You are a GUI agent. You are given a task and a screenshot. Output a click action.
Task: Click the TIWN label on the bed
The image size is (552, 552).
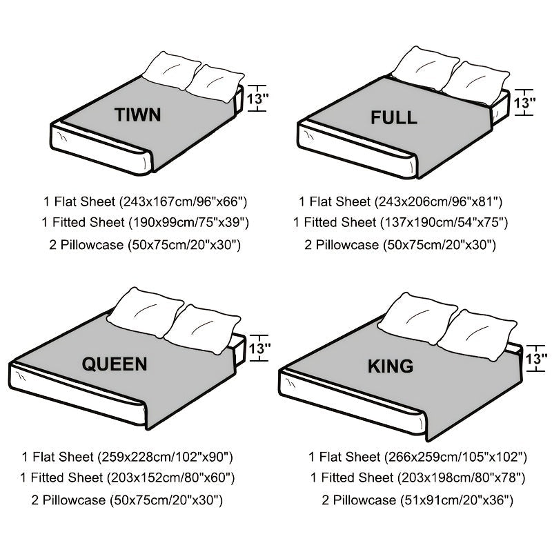coord(139,114)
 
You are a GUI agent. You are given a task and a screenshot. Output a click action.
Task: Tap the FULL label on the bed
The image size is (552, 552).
coord(393,117)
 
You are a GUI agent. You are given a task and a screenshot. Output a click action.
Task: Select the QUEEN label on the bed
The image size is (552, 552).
coord(115,364)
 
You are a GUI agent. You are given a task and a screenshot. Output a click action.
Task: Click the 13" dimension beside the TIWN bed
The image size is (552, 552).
coord(257,98)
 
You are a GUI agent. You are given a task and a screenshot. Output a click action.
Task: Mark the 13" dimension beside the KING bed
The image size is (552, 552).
coord(536,359)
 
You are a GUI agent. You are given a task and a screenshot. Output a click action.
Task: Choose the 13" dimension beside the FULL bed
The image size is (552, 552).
coord(525,105)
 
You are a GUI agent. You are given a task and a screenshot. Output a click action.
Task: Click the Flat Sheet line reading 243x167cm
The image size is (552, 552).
coord(145,202)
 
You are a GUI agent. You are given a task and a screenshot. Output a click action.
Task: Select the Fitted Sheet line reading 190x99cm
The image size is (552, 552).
coord(144,223)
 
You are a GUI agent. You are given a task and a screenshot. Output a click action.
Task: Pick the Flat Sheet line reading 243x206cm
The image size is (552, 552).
coord(400,202)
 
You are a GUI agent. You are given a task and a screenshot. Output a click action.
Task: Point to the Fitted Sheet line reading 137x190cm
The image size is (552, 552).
coord(400,223)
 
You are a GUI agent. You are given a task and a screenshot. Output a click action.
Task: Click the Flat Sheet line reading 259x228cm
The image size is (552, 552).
coord(128,457)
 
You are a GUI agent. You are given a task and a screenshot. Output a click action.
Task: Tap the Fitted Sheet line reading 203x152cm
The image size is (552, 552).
coord(128,477)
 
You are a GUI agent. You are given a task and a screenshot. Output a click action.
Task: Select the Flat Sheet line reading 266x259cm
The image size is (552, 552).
coord(417,457)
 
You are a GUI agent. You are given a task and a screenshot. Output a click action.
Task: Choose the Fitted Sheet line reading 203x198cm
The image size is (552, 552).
coord(417,477)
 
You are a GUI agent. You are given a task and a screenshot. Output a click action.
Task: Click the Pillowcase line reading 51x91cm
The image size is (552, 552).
coord(417,499)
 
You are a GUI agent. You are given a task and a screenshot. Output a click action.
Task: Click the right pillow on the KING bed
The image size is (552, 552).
coord(477,333)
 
